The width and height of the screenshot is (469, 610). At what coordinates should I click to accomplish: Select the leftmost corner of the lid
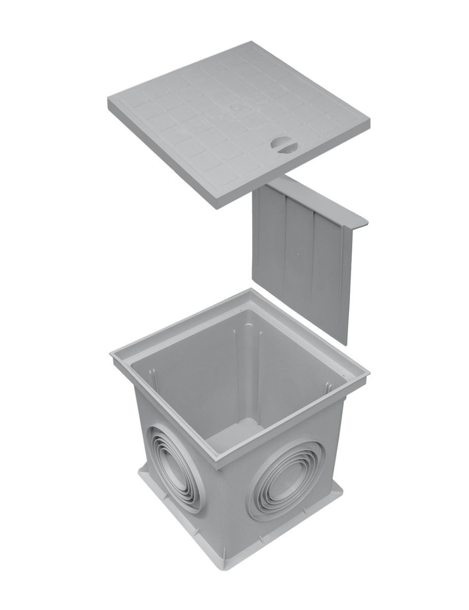(x=108, y=100)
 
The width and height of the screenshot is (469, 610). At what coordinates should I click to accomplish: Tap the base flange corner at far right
(x=342, y=489)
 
